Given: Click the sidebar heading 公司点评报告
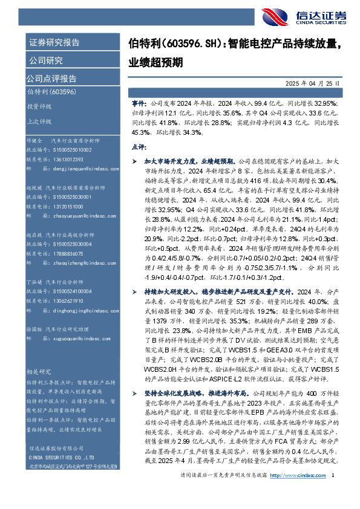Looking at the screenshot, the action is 51,78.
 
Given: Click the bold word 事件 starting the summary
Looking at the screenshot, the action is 139,104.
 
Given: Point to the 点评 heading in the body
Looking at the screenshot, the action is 139,146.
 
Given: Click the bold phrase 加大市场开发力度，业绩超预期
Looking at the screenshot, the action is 191,162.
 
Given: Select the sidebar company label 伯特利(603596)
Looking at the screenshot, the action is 51,91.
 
